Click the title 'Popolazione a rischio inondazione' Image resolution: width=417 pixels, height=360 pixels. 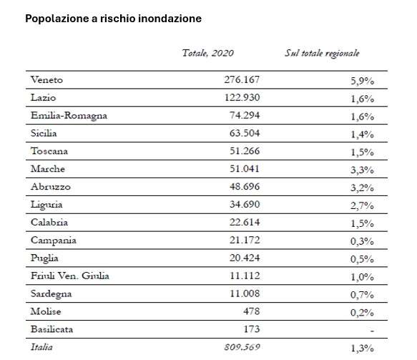coord(114,19)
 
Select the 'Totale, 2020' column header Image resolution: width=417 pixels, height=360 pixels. coord(208,53)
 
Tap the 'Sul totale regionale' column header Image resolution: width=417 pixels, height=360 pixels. coord(322,53)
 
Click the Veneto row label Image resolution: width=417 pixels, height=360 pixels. coord(47,79)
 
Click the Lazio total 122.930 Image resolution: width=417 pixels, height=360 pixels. coord(238,97)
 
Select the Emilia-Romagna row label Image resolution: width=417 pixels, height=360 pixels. coord(67,115)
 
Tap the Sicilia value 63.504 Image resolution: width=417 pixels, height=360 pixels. coord(241,132)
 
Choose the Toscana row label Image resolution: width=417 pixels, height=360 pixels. coord(49,150)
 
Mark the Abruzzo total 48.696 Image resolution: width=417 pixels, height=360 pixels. coord(241,186)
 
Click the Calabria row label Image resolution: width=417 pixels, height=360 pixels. coord(49,222)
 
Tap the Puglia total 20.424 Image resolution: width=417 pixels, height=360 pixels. coord(241,258)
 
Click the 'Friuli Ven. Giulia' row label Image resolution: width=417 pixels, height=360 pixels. coord(71,276)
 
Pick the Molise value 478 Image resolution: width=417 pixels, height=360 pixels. coord(248,312)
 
